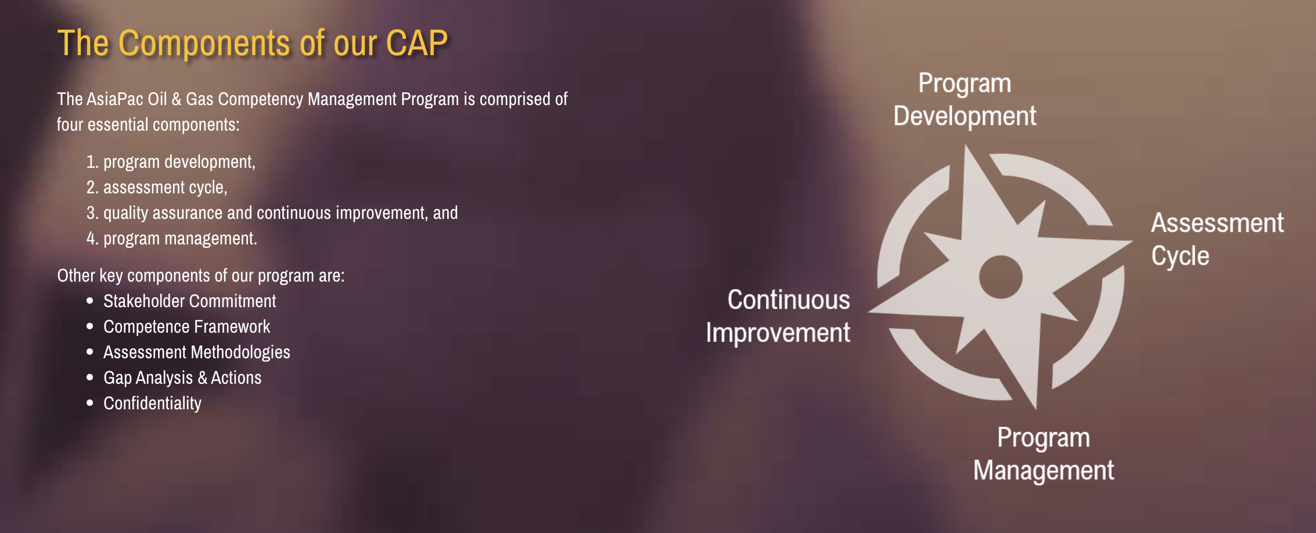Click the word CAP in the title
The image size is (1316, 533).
click(416, 43)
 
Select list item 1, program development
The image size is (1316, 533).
click(171, 162)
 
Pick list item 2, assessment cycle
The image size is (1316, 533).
click(157, 188)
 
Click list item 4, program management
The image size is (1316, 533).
click(171, 239)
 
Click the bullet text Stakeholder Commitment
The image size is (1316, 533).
click(189, 301)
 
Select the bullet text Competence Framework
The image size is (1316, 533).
click(186, 327)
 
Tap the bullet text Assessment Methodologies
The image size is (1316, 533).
click(196, 352)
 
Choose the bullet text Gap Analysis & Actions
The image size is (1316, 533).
click(182, 378)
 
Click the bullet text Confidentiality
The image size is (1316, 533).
click(152, 404)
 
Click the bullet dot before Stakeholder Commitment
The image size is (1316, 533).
click(90, 301)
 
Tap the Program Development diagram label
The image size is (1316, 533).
click(965, 100)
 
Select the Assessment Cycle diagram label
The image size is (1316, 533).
click(1217, 240)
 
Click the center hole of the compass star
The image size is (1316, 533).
click(1001, 277)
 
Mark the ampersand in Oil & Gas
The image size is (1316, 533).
click(177, 99)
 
